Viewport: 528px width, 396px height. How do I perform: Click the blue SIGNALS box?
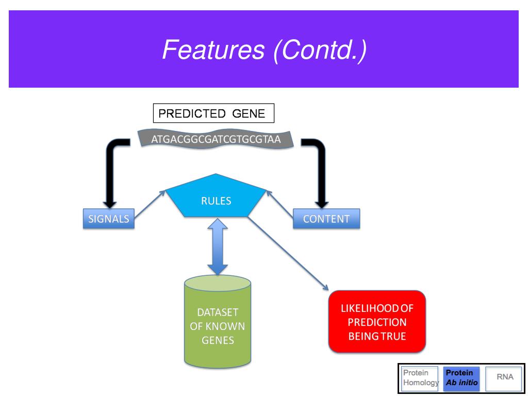coord(108,219)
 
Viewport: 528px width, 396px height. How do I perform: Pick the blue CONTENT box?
coord(326,219)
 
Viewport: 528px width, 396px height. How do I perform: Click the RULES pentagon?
coord(216,199)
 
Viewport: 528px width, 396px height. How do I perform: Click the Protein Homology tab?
coord(419,377)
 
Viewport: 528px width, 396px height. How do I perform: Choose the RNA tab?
coord(505,377)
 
